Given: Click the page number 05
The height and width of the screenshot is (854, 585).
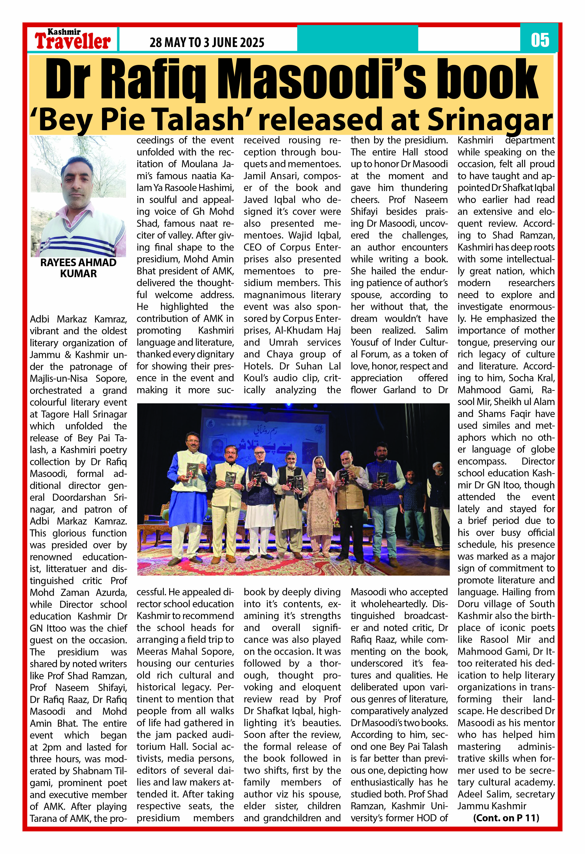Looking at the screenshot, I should pos(540,40).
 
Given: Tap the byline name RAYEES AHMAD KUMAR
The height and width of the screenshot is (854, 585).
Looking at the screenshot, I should pos(78,268).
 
